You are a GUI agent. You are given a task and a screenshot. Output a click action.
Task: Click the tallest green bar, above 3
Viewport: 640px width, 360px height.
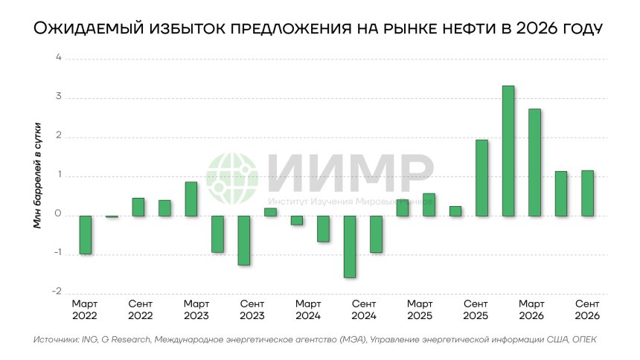click(508, 151)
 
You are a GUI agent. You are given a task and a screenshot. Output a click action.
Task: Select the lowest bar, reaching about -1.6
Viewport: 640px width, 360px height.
click(350, 246)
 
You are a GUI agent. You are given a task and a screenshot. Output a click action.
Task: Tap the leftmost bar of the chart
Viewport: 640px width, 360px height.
click(86, 234)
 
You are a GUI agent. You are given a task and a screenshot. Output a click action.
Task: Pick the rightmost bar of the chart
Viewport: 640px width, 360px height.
click(588, 193)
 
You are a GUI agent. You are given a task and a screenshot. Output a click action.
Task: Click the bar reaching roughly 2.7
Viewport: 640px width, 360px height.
click(534, 162)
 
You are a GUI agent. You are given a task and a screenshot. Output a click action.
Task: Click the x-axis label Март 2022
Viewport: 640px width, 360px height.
click(85, 310)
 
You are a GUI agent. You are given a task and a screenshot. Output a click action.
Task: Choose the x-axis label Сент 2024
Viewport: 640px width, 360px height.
click(364, 310)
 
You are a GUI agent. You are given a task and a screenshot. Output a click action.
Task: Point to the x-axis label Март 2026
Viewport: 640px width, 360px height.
click(531, 310)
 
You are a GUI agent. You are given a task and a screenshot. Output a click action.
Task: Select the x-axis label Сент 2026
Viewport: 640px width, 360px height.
click(587, 310)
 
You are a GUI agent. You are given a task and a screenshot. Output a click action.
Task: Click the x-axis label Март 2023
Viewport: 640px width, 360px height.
click(196, 310)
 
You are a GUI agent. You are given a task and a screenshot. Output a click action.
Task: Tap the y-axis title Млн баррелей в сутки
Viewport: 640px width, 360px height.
click(36, 176)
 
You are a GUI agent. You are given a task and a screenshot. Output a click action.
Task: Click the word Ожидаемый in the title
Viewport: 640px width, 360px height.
click(82, 29)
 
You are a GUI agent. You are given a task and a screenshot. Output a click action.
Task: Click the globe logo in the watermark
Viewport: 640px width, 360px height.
click(231, 177)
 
